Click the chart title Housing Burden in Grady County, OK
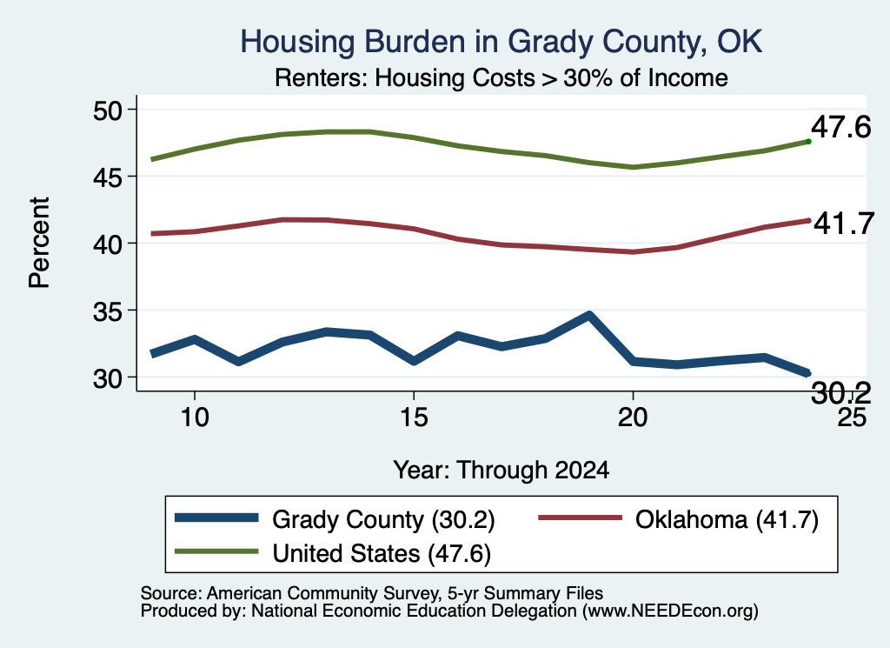pyautogui.click(x=501, y=42)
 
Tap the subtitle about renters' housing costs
pyautogui.click(x=501, y=77)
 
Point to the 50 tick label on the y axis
pyautogui.click(x=108, y=110)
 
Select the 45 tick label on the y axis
pyautogui.click(x=108, y=177)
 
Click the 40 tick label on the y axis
pyautogui.click(x=108, y=244)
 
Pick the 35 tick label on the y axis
pyautogui.click(x=108, y=311)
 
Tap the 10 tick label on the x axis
pyautogui.click(x=195, y=418)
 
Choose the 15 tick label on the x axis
pyautogui.click(x=414, y=418)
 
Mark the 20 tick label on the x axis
pyautogui.click(x=633, y=418)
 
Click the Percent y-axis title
pyautogui.click(x=40, y=243)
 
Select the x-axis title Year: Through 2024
pyautogui.click(x=501, y=471)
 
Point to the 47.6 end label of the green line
pyautogui.click(x=840, y=126)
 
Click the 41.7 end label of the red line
pyautogui.click(x=844, y=224)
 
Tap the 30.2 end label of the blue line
pyautogui.click(x=840, y=392)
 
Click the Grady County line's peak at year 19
pyautogui.click(x=589, y=315)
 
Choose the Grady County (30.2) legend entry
pyautogui.click(x=335, y=519)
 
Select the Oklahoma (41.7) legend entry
pyautogui.click(x=678, y=519)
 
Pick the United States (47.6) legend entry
pyautogui.click(x=333, y=553)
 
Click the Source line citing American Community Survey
pyautogui.click(x=372, y=593)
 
